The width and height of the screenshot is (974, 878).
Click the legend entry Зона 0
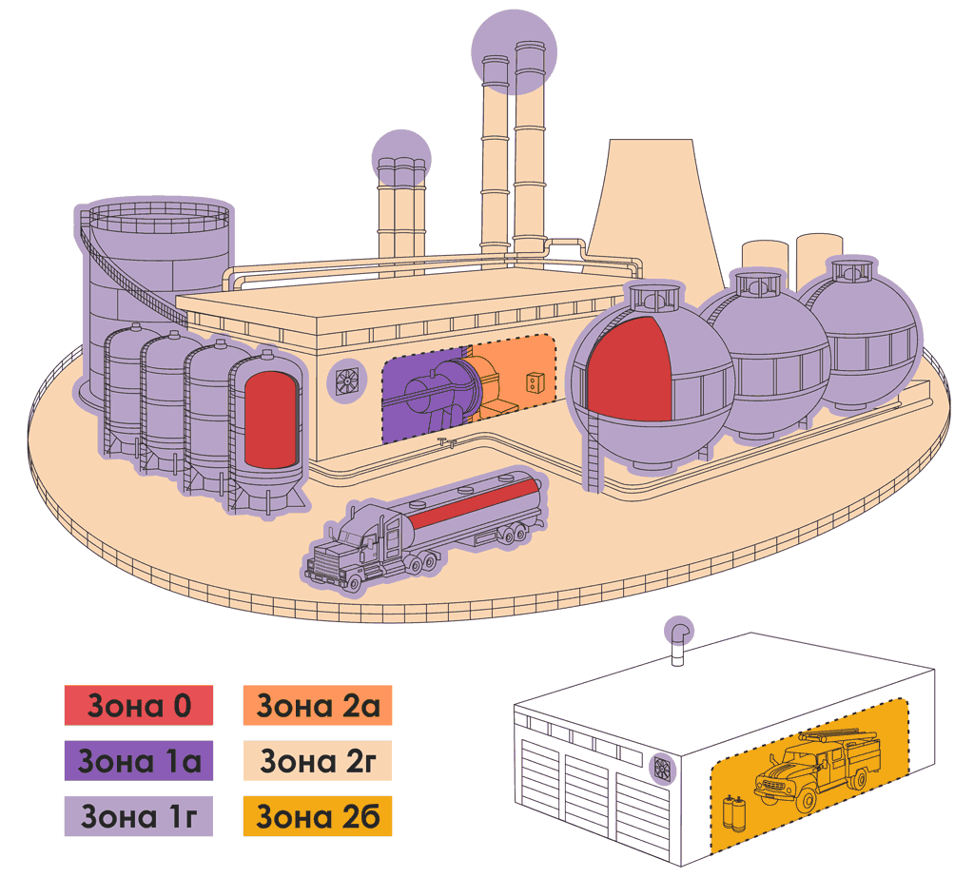click(x=139, y=705)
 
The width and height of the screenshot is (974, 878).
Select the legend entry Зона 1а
click(x=139, y=761)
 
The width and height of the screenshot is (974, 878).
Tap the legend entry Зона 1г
click(x=139, y=816)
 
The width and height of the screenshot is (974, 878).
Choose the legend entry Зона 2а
click(x=318, y=705)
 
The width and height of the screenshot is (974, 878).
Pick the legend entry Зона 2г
click(x=318, y=761)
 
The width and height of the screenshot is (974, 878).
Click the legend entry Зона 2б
click(x=318, y=816)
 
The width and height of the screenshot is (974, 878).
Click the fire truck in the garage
click(x=817, y=770)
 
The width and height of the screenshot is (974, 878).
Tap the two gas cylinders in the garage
click(x=734, y=812)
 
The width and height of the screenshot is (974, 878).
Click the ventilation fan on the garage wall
click(x=663, y=770)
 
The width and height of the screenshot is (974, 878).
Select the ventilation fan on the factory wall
click(x=347, y=380)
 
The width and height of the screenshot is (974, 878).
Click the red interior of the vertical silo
click(x=271, y=420)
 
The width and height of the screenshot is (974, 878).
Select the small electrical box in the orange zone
click(x=534, y=382)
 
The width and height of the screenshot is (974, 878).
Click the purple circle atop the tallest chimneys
click(x=514, y=51)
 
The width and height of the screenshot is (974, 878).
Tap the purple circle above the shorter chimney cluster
click(x=401, y=159)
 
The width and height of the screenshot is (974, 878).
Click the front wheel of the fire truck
click(x=808, y=801)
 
